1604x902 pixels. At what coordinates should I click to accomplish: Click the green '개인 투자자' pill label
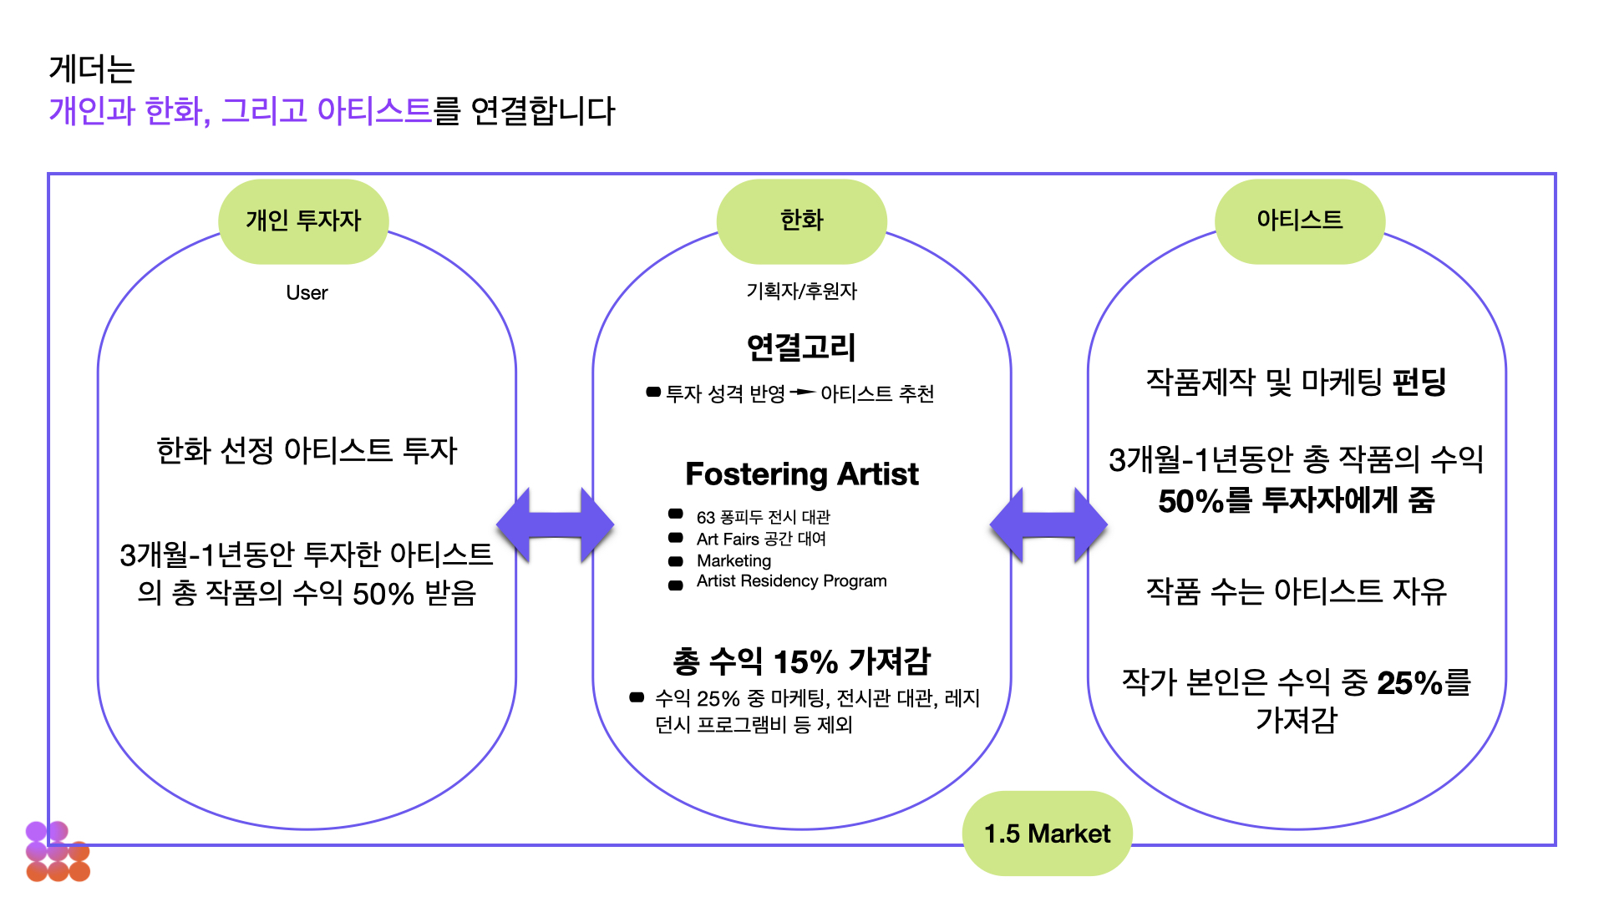303,220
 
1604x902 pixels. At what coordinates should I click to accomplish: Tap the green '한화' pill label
801,220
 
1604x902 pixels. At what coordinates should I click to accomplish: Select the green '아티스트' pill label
1299,220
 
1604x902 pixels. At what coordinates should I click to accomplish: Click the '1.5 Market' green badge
1047,834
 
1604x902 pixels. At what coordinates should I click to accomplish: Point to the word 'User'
307,293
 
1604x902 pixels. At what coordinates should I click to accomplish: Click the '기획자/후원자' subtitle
801,291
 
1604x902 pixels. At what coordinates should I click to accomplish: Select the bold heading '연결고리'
801,347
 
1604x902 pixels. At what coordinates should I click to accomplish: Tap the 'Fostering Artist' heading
801,474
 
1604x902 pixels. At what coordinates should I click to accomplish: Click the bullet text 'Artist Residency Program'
791,581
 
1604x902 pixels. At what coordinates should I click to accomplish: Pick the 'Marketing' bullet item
733,560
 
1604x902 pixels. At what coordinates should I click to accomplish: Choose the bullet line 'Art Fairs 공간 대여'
761,540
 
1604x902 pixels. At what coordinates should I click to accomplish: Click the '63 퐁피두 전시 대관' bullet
763,518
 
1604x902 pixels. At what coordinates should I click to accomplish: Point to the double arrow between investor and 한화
555,526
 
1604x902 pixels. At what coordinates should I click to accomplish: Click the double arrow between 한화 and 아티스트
1048,526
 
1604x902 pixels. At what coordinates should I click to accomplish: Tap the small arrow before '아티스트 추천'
803,392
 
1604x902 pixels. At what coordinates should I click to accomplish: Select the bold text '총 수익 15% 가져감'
801,661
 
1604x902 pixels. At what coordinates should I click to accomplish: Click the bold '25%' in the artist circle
1409,683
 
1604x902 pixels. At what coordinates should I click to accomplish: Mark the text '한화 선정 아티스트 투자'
307,451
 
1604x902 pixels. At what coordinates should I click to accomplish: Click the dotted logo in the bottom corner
58,852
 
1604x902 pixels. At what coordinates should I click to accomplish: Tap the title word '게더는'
92,69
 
